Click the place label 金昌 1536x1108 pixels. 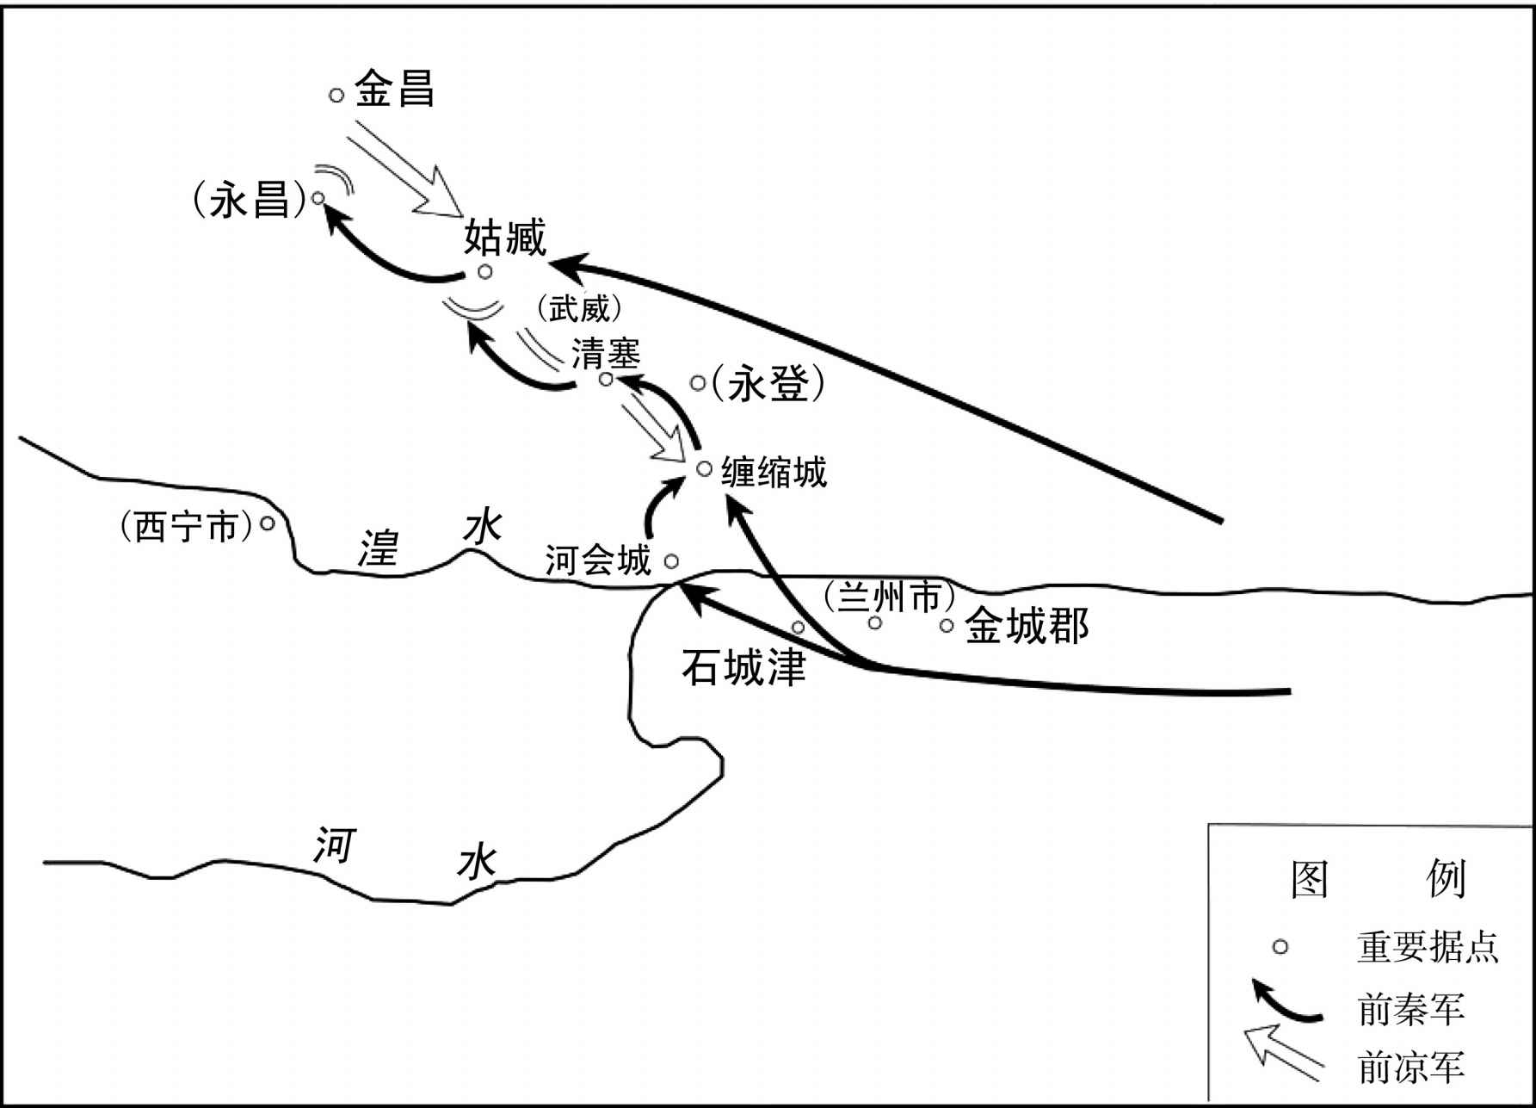tap(395, 89)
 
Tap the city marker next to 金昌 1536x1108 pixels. tap(336, 96)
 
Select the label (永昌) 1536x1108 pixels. tap(250, 201)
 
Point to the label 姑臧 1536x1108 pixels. tap(505, 237)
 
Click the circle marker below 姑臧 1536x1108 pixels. tap(485, 272)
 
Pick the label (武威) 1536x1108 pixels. tap(577, 308)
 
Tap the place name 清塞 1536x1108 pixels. tap(607, 353)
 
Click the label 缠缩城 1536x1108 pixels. tap(774, 472)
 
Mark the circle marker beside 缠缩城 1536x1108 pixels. tap(704, 468)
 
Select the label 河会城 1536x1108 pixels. tap(598, 560)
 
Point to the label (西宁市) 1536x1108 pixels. tap(187, 526)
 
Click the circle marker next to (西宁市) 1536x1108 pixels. tap(268, 523)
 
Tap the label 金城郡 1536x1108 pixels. tap(1027, 626)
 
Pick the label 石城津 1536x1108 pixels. tap(743, 666)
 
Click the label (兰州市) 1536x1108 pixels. tap(889, 597)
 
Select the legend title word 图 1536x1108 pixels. tap(1310, 879)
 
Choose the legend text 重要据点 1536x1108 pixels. tap(1428, 947)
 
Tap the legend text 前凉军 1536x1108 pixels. tap(1411, 1068)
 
